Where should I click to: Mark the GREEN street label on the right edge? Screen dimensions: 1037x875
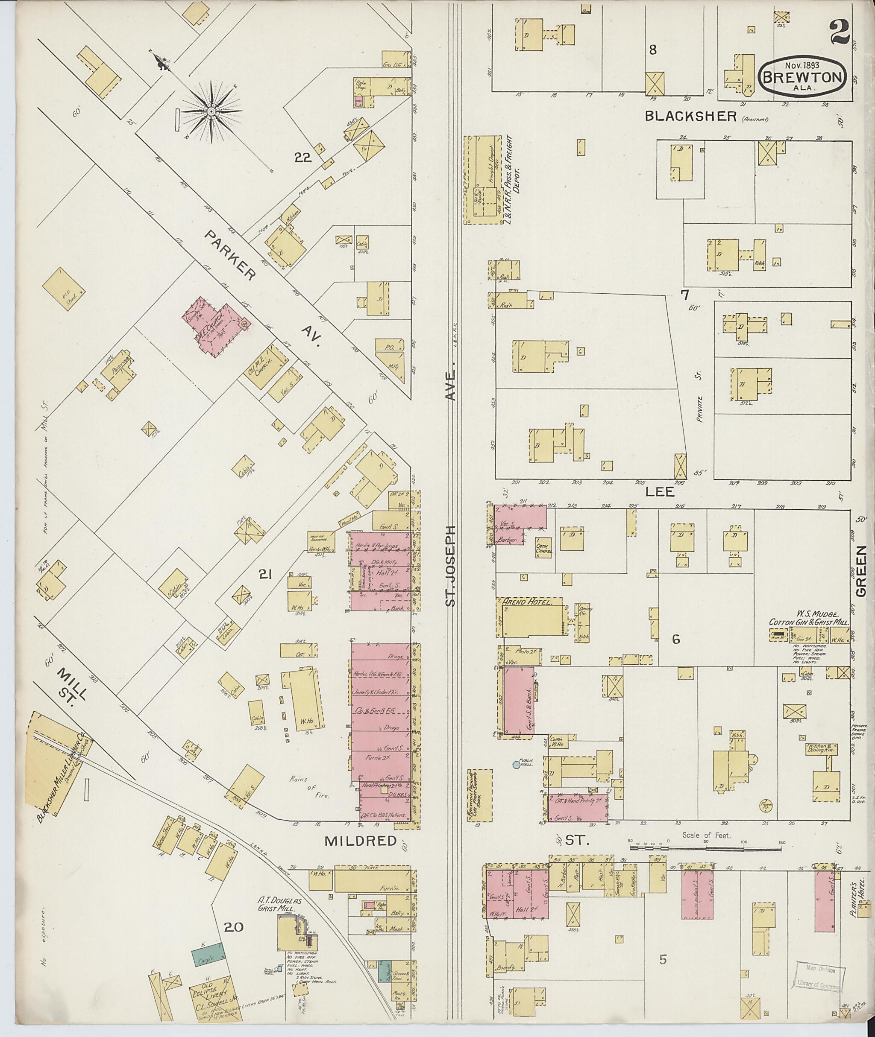860,572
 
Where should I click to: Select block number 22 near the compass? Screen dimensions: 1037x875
302,158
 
